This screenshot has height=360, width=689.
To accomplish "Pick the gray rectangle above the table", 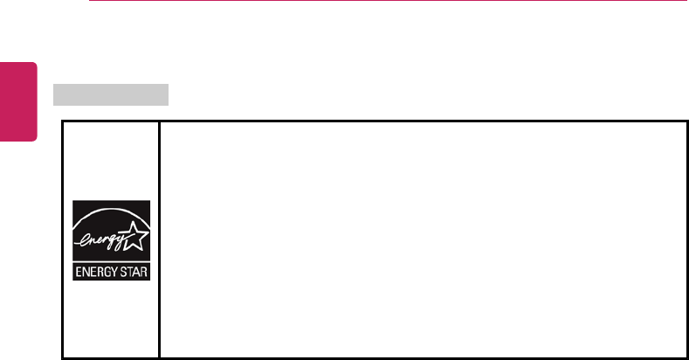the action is (x=111, y=93).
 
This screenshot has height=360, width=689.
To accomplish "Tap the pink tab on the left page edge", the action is (x=18, y=100).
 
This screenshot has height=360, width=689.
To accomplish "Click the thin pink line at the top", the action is (x=384, y=2).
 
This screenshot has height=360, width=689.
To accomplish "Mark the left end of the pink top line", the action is (x=90, y=2).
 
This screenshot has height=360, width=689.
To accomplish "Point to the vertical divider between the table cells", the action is (x=159, y=239).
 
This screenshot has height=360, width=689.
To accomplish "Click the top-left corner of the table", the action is (x=62, y=121).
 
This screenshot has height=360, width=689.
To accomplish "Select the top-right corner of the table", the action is (x=687, y=121).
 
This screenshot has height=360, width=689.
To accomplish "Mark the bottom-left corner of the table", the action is (x=62, y=357).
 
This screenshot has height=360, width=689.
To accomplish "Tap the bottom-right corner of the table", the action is (x=687, y=357).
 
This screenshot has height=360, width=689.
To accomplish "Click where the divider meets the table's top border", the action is (x=159, y=121).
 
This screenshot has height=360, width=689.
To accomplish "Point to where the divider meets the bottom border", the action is (x=159, y=357).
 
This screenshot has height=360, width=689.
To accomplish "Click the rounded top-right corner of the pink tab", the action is (x=36, y=64).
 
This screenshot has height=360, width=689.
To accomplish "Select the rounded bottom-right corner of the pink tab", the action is (x=36, y=138).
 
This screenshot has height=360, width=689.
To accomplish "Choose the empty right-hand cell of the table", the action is (x=424, y=239).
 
